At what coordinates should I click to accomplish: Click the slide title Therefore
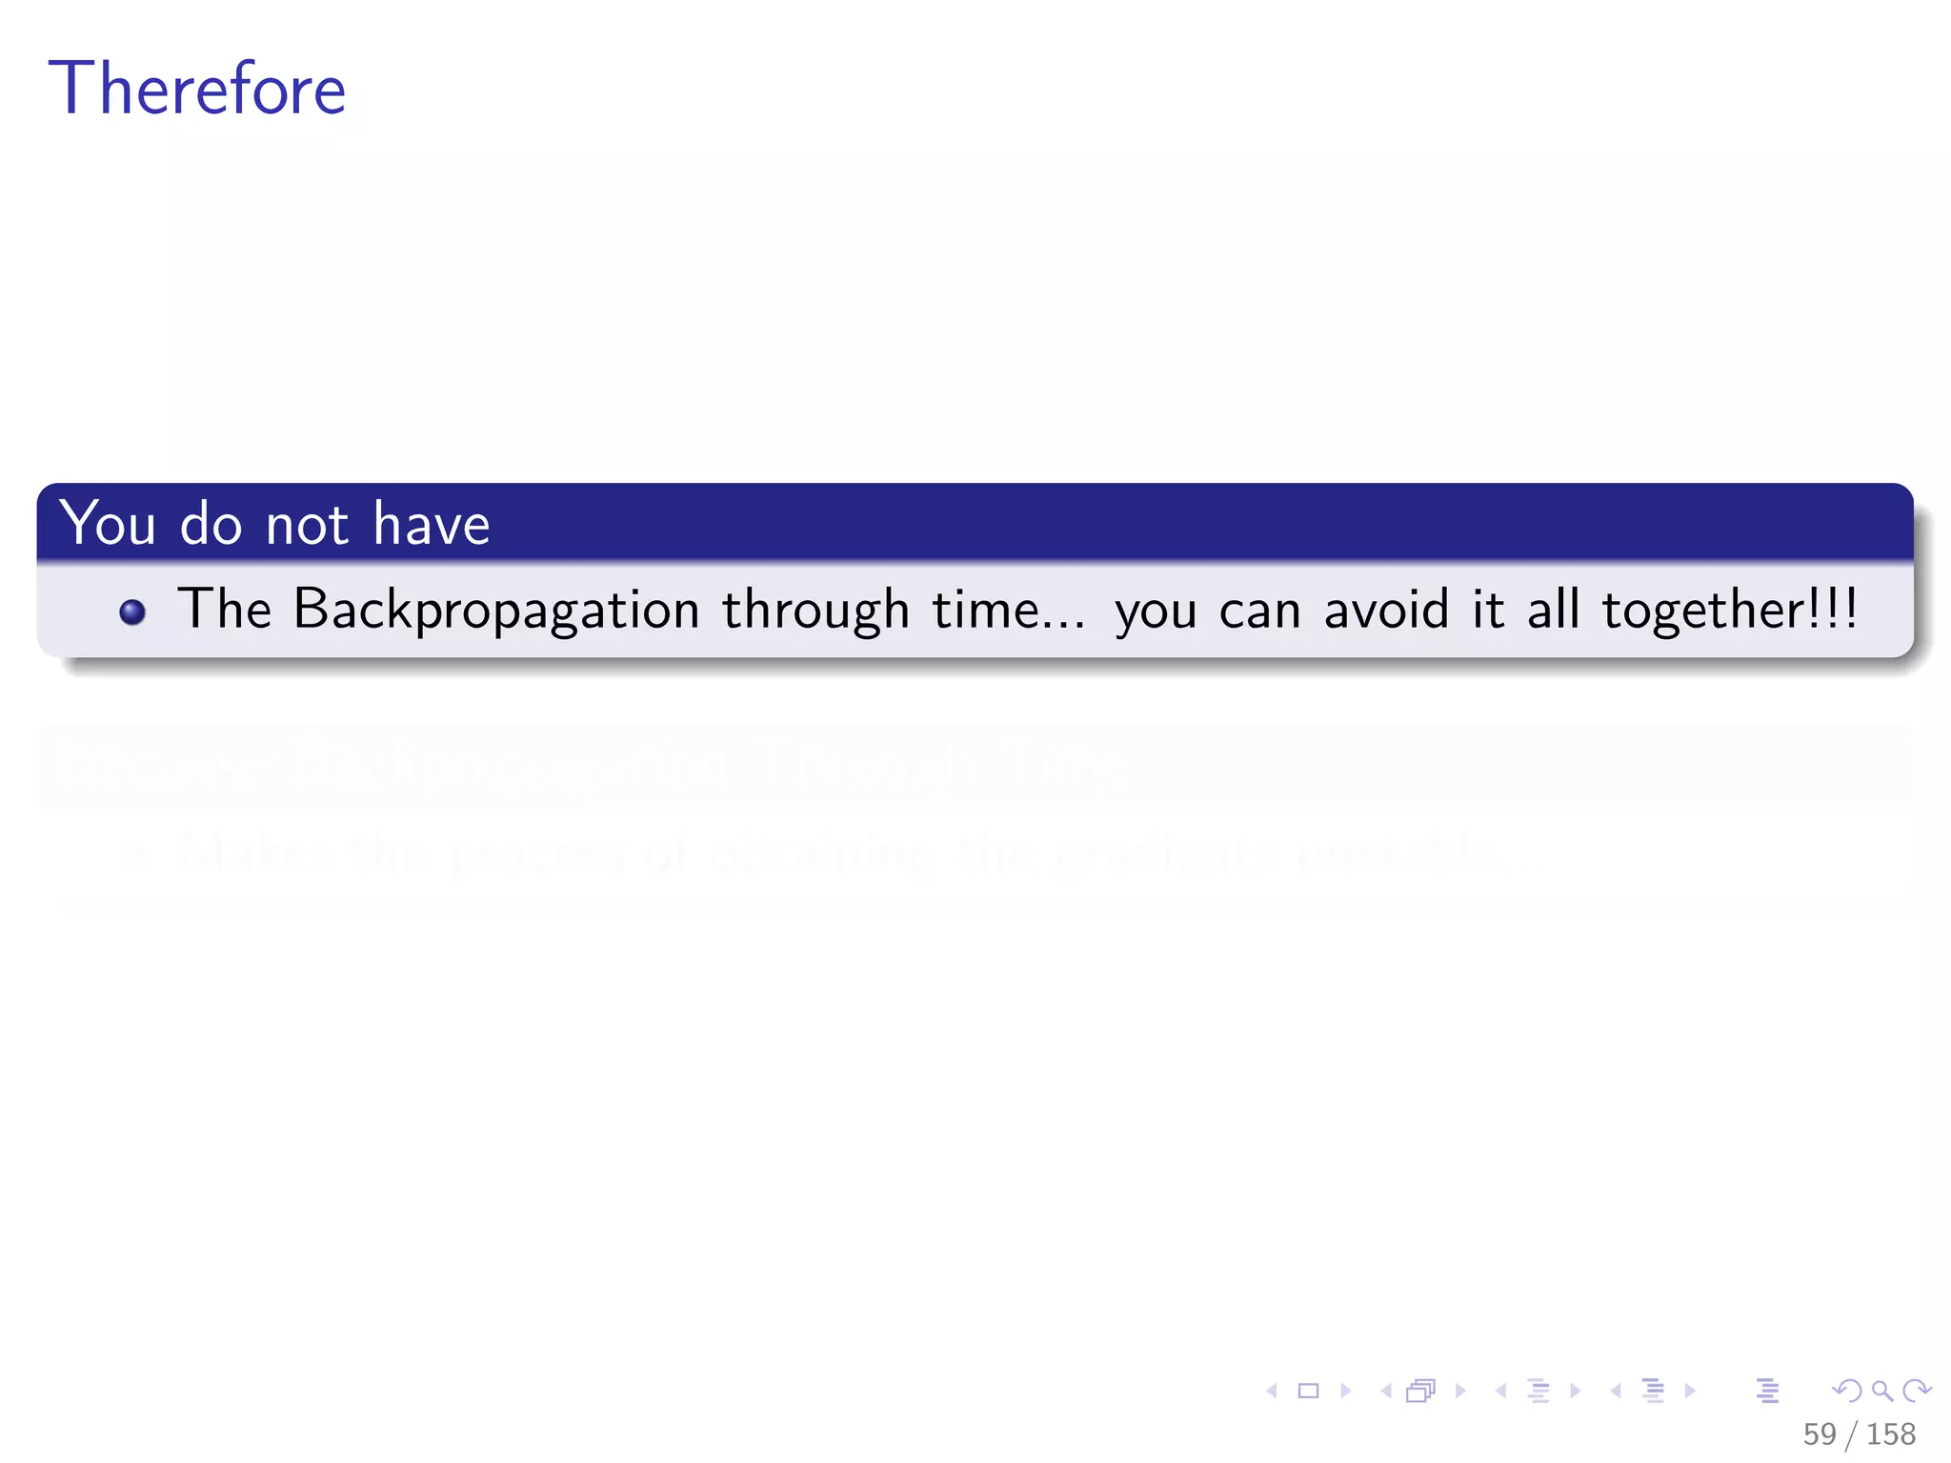click(x=196, y=89)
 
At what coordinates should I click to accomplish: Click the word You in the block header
click(x=108, y=523)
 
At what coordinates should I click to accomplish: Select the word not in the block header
click(x=307, y=525)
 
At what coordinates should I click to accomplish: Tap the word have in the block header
click(x=431, y=523)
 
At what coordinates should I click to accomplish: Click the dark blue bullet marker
click(x=132, y=611)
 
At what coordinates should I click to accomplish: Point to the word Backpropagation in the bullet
click(x=496, y=610)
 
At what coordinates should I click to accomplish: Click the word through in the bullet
click(x=815, y=610)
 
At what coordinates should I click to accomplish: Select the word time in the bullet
click(x=985, y=610)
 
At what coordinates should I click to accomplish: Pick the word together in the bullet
click(x=1701, y=610)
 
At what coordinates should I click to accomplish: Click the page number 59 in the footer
click(x=1819, y=1433)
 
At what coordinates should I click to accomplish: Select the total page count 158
click(x=1890, y=1433)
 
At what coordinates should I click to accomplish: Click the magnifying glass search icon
click(x=1881, y=1391)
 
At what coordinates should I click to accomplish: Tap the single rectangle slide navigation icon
click(x=1308, y=1391)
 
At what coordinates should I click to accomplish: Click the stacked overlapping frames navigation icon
click(x=1420, y=1391)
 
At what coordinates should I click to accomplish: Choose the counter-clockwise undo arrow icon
click(x=1847, y=1391)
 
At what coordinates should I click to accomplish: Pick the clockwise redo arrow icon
click(x=1917, y=1391)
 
